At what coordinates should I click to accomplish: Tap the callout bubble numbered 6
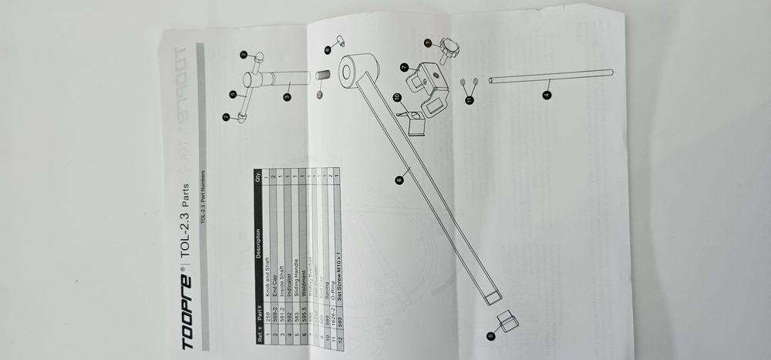399,180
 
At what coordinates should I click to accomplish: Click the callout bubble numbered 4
547,94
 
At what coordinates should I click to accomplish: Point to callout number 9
490,336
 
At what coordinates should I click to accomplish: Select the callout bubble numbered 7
404,67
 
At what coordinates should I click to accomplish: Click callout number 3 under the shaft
286,97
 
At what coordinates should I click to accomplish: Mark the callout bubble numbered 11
469,98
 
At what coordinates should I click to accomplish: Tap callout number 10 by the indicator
397,97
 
